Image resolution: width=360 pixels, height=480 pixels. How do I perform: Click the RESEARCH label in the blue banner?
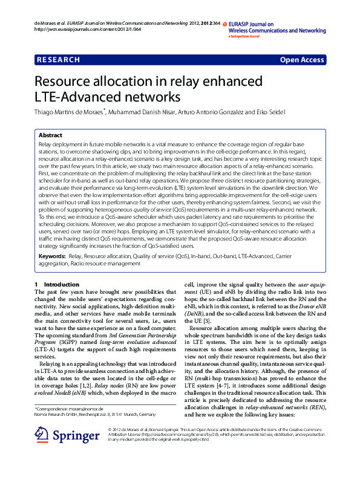click(x=59, y=60)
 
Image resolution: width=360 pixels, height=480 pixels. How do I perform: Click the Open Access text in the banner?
click(x=301, y=60)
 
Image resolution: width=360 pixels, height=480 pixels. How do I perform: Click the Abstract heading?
click(x=50, y=135)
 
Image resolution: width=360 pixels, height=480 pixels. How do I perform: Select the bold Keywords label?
click(x=51, y=257)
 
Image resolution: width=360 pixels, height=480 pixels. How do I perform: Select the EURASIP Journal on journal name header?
click(x=251, y=23)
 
